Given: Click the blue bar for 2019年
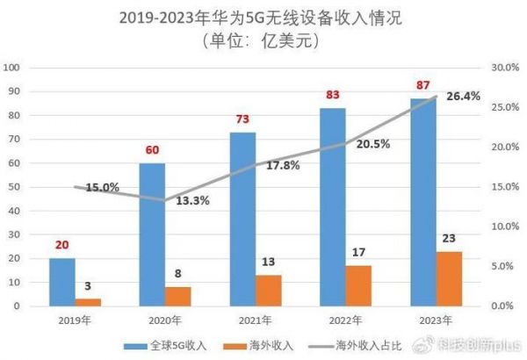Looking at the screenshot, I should click(x=61, y=282).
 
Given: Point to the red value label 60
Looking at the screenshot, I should click(x=153, y=150).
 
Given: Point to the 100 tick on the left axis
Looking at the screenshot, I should click(x=13, y=68).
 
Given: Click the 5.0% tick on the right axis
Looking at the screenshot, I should click(x=501, y=266).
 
